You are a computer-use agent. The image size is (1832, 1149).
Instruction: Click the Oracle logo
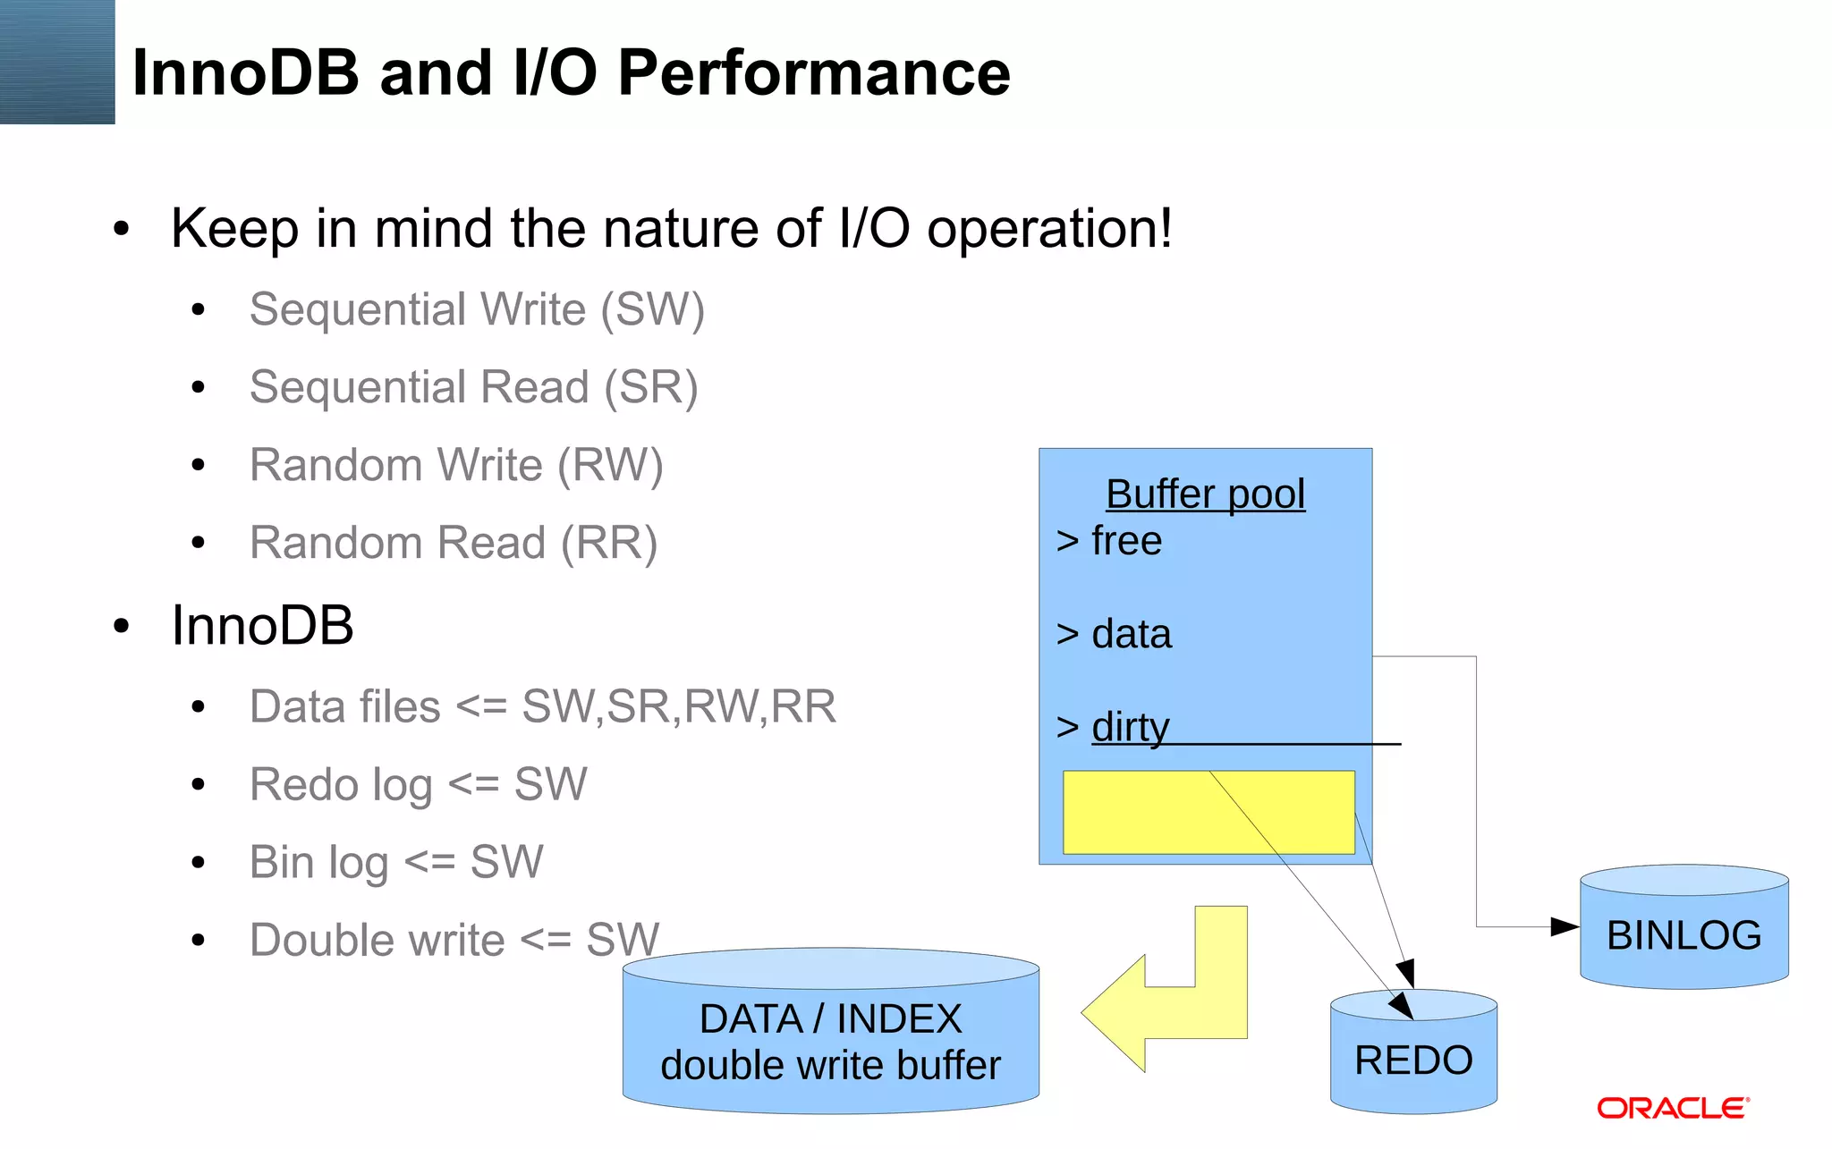tap(1672, 1108)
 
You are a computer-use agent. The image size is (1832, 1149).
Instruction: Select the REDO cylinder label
tap(1413, 1060)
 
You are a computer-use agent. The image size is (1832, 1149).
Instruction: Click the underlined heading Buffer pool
tap(1205, 494)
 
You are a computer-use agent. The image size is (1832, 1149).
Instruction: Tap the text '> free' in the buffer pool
tap(1109, 541)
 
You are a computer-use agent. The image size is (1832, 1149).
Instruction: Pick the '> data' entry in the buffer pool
tap(1114, 634)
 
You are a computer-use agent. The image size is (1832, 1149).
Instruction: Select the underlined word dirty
tap(1130, 727)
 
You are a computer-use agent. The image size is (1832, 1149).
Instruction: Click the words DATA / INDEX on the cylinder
tap(830, 1019)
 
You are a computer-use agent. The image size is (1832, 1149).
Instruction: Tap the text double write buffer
tap(830, 1066)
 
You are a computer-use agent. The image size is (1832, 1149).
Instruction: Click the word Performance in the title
tap(813, 72)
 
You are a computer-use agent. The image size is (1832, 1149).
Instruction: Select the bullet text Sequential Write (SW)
tap(477, 309)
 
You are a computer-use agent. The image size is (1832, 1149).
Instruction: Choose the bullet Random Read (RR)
tap(454, 543)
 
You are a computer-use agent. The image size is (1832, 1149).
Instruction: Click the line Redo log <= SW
tap(418, 785)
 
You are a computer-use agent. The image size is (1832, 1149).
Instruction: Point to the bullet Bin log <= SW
tap(395, 863)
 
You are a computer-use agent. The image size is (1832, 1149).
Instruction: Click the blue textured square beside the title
tap(57, 62)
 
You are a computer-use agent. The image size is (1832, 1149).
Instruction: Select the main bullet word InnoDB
tap(262, 625)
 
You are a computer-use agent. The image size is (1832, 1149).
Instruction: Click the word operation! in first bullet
tap(1048, 229)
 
